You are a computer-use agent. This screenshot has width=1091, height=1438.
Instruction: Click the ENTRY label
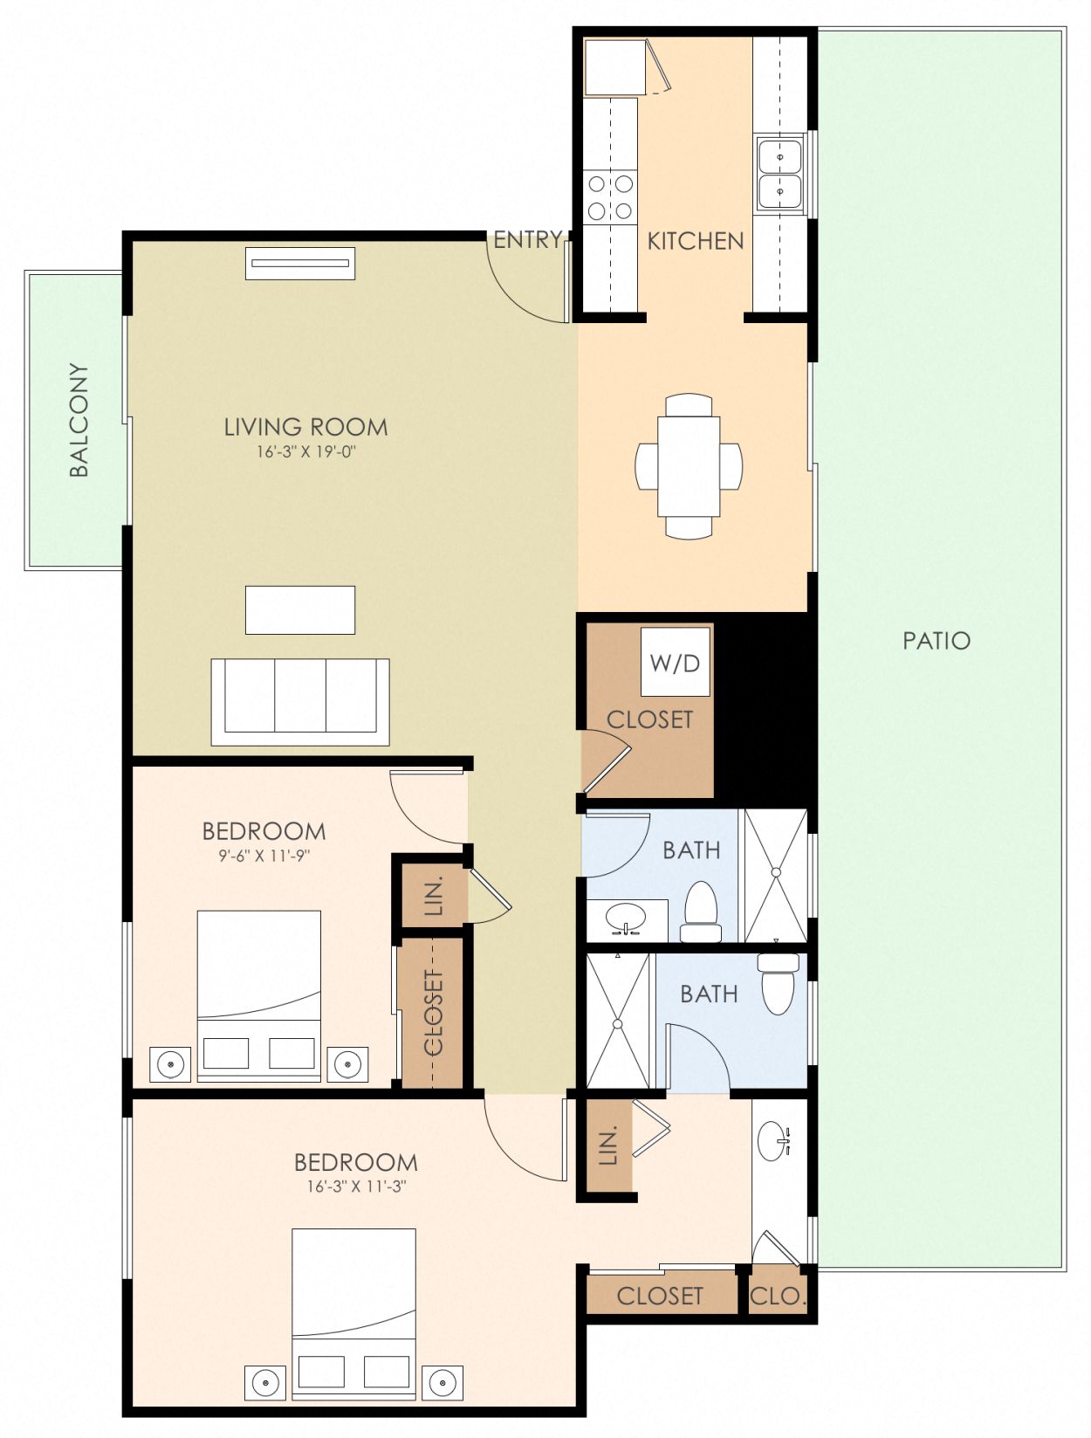tap(526, 239)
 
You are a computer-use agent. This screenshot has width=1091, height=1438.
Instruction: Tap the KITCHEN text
tap(695, 241)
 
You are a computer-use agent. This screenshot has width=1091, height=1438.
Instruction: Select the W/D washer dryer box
tap(675, 662)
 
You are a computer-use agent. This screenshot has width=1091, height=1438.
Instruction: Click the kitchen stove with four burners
tap(610, 197)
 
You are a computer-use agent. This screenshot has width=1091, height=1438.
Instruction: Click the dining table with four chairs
tap(689, 466)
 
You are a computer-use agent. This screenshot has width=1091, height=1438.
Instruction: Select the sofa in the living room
tap(299, 702)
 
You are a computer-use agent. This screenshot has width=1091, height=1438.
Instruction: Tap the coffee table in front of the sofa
tap(299, 609)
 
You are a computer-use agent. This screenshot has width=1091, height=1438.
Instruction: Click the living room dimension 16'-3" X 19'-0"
tap(305, 452)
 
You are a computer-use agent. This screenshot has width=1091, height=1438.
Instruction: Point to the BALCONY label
tap(79, 420)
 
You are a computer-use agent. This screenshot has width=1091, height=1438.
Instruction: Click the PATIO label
tap(936, 641)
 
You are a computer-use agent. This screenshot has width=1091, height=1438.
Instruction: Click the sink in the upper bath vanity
tap(625, 919)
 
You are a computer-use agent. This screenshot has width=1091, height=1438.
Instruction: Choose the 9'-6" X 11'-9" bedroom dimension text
tap(264, 856)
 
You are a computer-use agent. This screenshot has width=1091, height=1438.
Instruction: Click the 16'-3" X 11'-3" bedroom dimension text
tap(356, 1187)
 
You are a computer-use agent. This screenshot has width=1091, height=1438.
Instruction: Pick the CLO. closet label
tap(777, 1297)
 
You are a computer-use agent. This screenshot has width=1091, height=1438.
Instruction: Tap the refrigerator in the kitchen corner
tap(614, 66)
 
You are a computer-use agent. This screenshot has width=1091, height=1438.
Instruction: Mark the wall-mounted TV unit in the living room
tap(300, 264)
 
